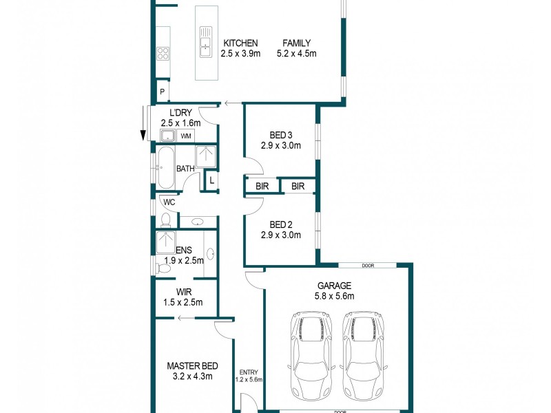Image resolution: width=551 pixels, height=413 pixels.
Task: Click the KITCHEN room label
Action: click(x=239, y=43)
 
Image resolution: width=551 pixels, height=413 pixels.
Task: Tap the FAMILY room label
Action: click(x=296, y=43)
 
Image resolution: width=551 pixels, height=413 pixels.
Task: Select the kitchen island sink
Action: click(x=205, y=41)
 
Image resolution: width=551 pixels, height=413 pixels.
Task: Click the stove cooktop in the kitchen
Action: click(x=163, y=52)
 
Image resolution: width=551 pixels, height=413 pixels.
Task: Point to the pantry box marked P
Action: click(x=163, y=91)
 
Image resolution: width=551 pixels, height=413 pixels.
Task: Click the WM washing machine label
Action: click(x=187, y=136)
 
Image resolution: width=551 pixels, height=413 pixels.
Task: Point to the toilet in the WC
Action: click(x=165, y=219)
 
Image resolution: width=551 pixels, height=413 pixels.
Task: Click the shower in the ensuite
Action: click(x=166, y=243)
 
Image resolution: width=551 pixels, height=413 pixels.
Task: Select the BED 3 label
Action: click(x=280, y=135)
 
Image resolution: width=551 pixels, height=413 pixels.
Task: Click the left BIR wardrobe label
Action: click(x=262, y=186)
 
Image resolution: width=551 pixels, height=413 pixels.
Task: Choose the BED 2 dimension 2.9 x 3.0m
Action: click(x=280, y=235)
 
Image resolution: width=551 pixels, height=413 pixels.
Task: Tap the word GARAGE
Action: click(x=334, y=286)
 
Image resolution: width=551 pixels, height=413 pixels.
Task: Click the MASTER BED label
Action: click(x=189, y=366)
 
